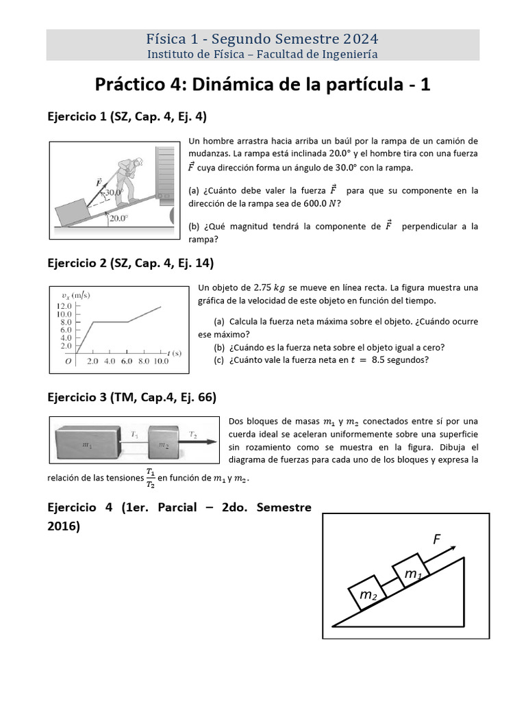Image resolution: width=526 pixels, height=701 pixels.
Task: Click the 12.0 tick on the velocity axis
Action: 64,305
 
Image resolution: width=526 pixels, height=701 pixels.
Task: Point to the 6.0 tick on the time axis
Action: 126,361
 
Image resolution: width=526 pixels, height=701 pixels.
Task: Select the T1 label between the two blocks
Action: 134,435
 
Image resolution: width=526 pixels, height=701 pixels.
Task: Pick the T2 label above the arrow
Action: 193,435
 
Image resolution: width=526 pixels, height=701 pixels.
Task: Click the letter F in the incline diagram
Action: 436,539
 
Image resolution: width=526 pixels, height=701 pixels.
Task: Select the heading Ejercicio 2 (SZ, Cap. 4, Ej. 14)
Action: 130,262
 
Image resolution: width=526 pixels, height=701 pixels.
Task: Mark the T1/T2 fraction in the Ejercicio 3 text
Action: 149,479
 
